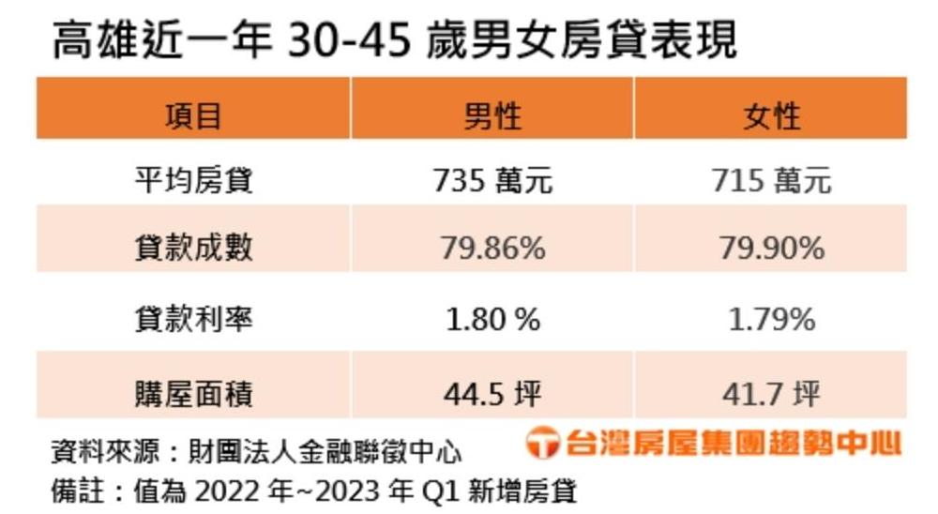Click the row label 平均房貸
coord(193,179)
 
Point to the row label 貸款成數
coord(193,248)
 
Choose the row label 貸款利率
coord(193,319)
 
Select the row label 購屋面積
coord(193,392)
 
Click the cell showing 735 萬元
coord(492,179)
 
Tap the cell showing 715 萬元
coord(771,179)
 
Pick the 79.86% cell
coord(492,248)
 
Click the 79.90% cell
coord(771,248)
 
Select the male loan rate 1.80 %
coord(492,320)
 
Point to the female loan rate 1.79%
coord(771,320)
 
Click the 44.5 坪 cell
coord(492,393)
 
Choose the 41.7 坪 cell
coord(771,393)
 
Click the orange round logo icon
coord(542,444)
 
